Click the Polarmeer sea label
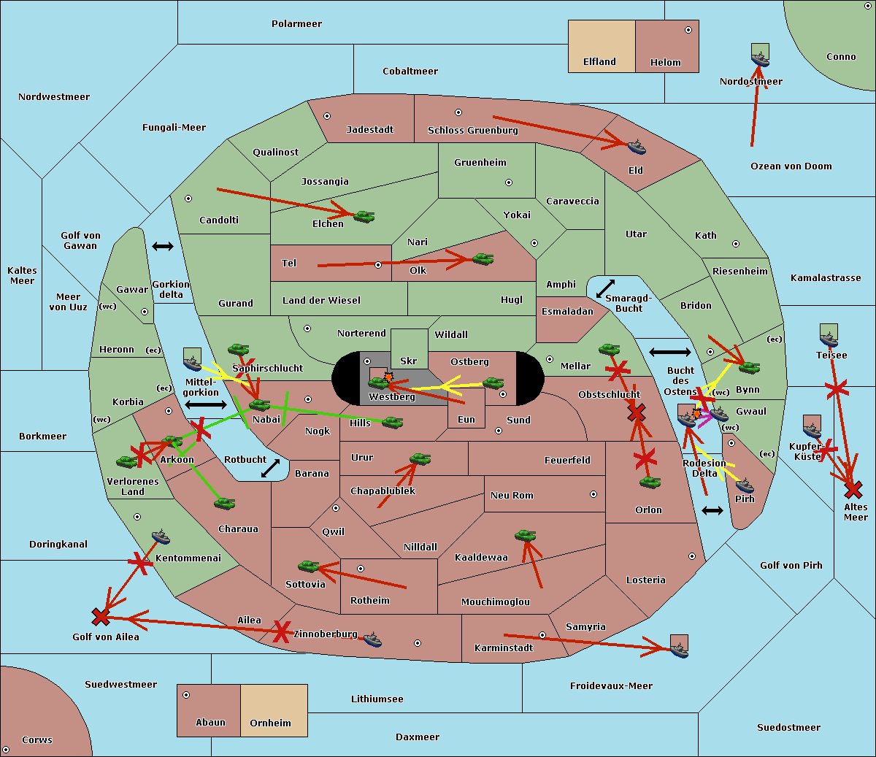296,24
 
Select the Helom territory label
665,63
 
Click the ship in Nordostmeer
760,56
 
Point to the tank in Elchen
364,216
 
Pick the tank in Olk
483,258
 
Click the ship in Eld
637,147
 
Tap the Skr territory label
409,361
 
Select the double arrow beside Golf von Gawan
162,247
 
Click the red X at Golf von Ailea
101,618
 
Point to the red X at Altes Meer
853,489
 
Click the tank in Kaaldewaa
525,536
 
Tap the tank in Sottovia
309,566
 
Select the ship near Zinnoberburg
372,639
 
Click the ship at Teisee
829,338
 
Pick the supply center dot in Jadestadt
327,115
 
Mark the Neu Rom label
512,496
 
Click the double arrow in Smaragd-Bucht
606,288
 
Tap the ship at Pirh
745,485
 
